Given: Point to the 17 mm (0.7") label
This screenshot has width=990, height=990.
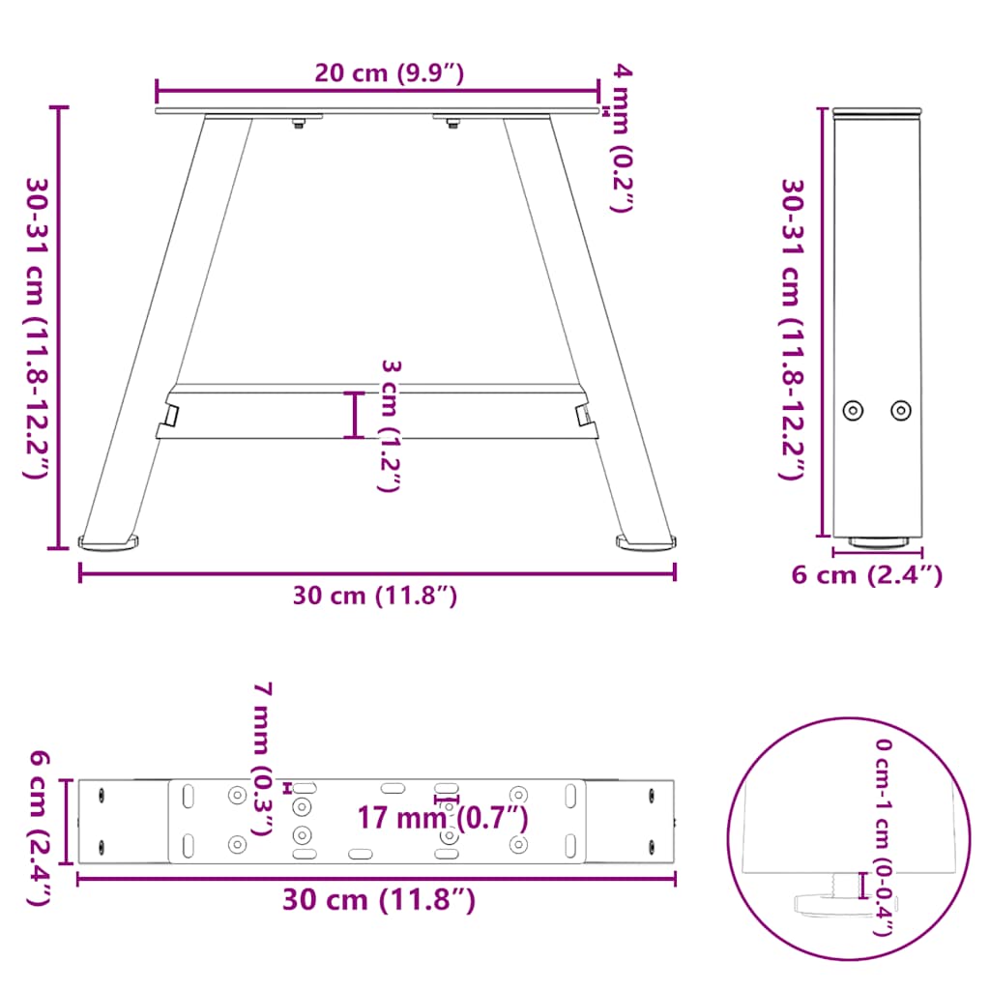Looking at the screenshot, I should (443, 818).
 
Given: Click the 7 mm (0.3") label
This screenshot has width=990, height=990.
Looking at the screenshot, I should (262, 758).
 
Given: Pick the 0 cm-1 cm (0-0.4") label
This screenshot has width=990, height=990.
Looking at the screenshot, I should (884, 837).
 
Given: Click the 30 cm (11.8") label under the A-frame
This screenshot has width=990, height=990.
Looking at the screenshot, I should (375, 597).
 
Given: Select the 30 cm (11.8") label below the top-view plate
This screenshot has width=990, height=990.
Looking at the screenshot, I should (379, 900).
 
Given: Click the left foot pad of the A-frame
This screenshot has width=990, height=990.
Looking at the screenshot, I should (109, 544).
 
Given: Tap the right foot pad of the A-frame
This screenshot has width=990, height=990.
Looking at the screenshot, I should (645, 543).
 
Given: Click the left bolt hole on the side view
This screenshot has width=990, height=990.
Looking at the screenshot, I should (852, 410).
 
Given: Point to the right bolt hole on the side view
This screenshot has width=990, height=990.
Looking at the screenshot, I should (900, 410).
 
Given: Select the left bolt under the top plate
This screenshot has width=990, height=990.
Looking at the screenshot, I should (300, 121).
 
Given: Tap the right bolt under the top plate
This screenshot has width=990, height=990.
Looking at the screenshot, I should (451, 121).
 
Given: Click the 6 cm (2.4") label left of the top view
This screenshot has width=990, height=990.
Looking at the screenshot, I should (38, 829).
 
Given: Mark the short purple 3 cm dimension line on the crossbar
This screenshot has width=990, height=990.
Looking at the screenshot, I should (355, 415).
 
